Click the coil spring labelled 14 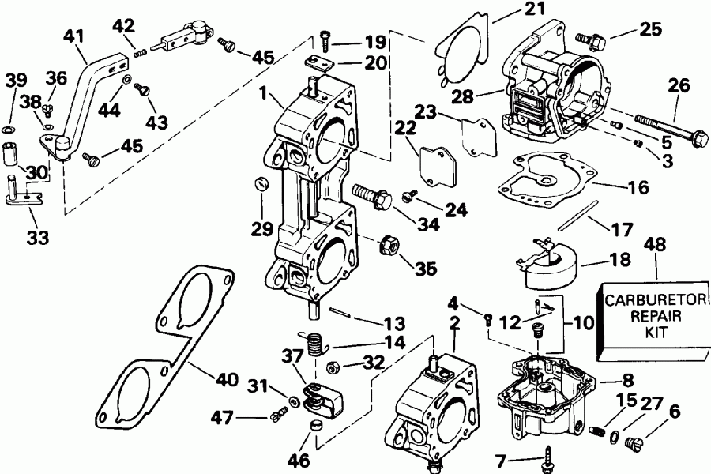[x=316, y=342]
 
